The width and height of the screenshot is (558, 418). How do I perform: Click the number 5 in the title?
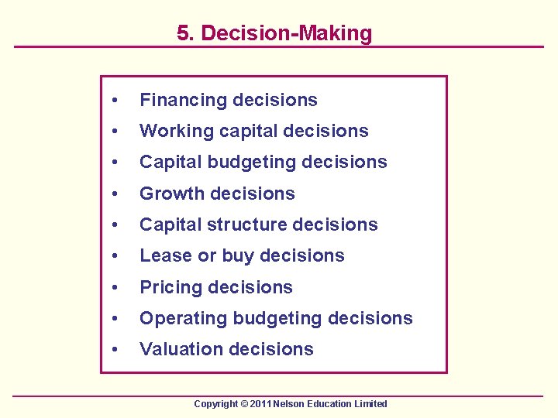coord(182,33)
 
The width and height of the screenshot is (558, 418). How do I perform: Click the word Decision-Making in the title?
coord(285,33)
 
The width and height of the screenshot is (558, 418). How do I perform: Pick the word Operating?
coord(177,318)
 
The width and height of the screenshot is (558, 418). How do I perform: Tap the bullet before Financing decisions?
coord(115,101)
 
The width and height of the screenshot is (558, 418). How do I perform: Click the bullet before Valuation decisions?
coord(115,350)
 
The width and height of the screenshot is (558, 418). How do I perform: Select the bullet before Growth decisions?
coord(115,194)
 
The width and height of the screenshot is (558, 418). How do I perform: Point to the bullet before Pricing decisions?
coord(115,288)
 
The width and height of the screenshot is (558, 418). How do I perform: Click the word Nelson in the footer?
coord(283,404)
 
